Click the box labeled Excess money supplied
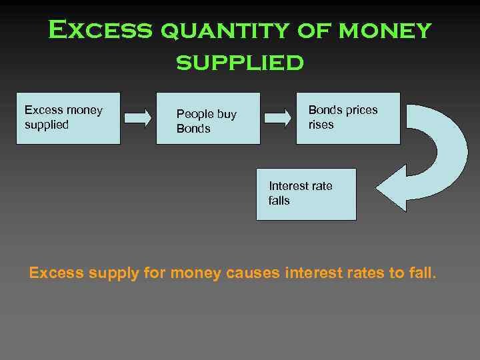coord(69,118)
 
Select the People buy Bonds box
coord(208,118)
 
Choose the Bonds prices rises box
coord(348,118)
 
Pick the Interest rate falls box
coord(306,194)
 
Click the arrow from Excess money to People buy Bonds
coord(138,118)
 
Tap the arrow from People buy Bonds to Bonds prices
coord(278,118)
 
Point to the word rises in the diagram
coord(321,125)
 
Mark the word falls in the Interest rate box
coord(279,201)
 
